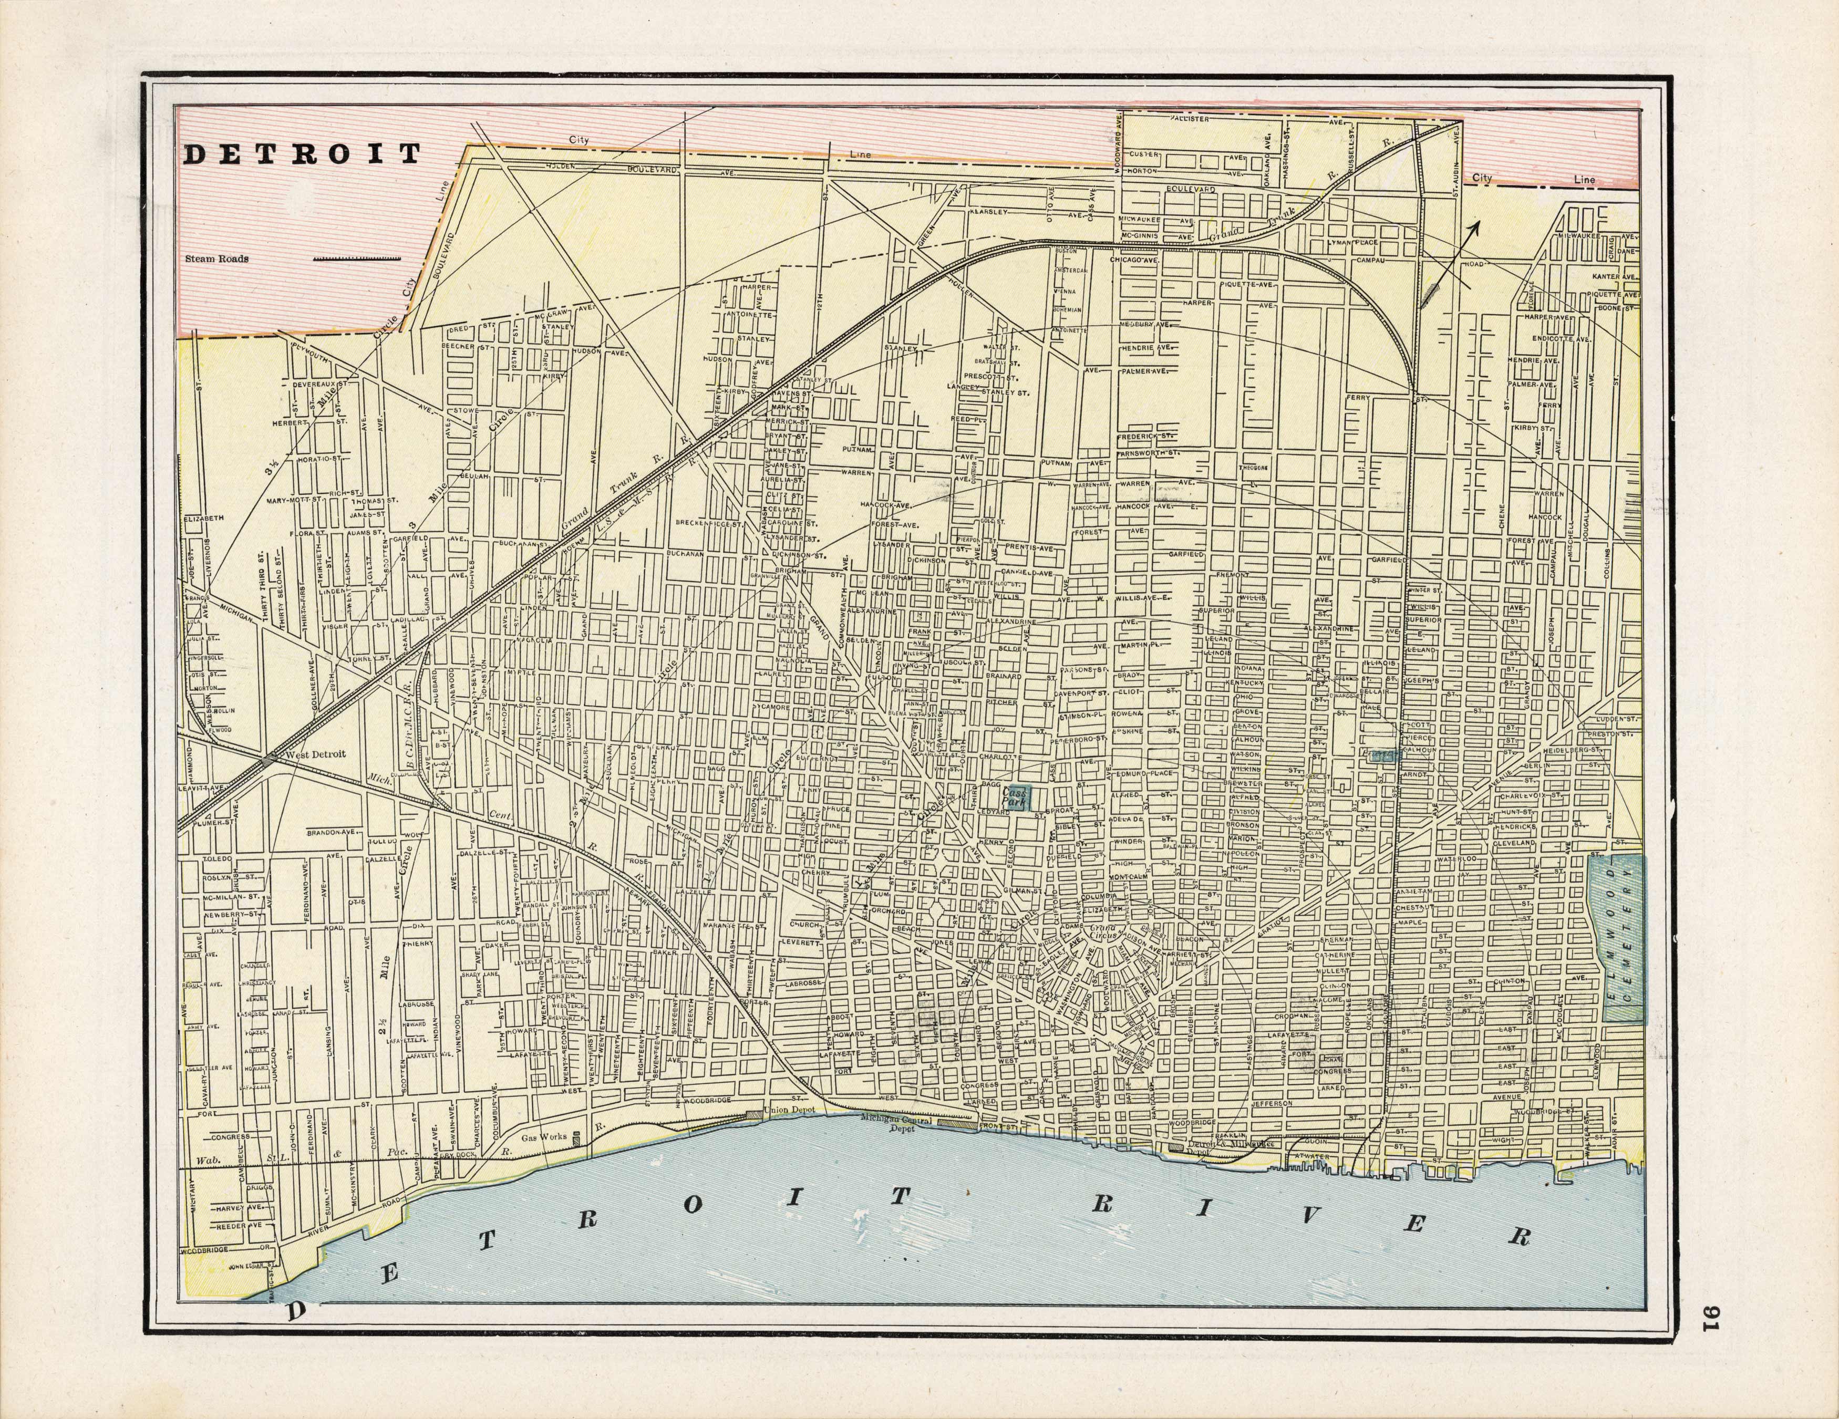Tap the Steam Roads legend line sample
pyautogui.click(x=356, y=258)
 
